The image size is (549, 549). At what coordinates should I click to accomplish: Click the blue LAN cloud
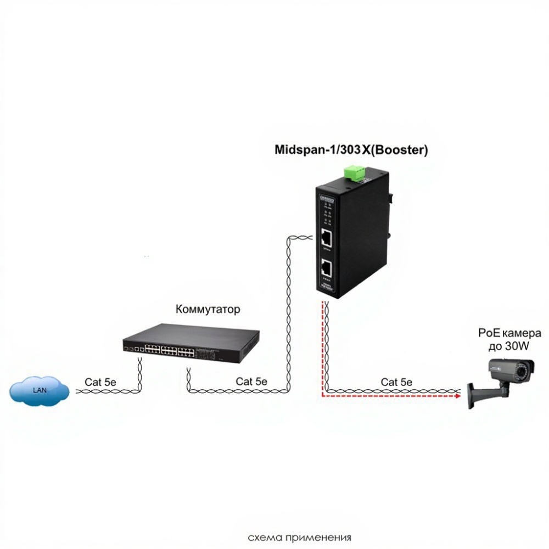click(x=39, y=390)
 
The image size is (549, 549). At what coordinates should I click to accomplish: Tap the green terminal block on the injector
click(x=356, y=173)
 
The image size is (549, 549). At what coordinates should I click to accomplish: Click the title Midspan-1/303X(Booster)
click(x=351, y=149)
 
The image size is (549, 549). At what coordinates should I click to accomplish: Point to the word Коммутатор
click(x=208, y=310)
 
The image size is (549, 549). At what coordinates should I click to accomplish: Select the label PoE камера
click(x=509, y=333)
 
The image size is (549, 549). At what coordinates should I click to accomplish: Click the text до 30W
click(x=510, y=346)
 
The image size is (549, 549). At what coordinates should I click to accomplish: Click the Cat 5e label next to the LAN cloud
click(x=100, y=381)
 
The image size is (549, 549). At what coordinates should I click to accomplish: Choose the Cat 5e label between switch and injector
click(x=251, y=381)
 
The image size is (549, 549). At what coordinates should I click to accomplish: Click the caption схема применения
click(x=299, y=537)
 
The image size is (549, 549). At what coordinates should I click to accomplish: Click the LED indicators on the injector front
click(x=326, y=211)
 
